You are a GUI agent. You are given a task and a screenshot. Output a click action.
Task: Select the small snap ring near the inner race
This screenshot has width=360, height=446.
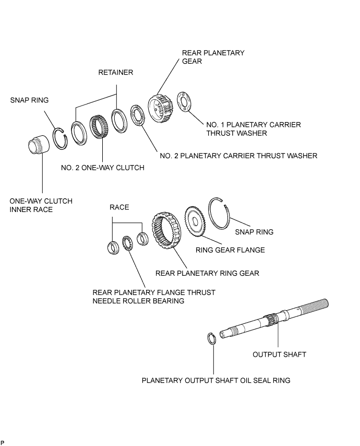click(60, 138)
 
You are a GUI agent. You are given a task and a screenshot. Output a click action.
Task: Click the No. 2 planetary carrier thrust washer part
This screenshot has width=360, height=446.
click(138, 116)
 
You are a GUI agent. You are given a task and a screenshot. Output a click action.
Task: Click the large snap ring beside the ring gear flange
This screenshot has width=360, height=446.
click(220, 213)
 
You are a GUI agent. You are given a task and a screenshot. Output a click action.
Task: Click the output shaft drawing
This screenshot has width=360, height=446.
click(274, 319)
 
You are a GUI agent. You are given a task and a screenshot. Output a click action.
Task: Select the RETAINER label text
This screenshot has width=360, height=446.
click(116, 73)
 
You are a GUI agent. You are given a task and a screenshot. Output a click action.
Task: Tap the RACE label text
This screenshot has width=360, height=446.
click(119, 207)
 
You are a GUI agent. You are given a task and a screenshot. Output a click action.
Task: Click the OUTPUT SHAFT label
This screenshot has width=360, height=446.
click(279, 355)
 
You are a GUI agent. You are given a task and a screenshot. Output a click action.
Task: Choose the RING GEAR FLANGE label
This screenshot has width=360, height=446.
click(230, 250)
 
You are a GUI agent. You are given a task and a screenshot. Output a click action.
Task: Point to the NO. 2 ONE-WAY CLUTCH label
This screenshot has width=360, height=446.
click(103, 168)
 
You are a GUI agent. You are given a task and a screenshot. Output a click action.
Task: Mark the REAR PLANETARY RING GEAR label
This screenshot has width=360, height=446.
click(207, 273)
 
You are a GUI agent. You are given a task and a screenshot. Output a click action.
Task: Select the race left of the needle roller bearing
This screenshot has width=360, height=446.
click(113, 247)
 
